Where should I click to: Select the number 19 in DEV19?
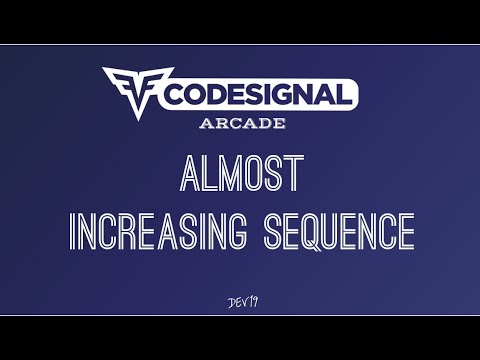251,302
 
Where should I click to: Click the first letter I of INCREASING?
72,230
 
